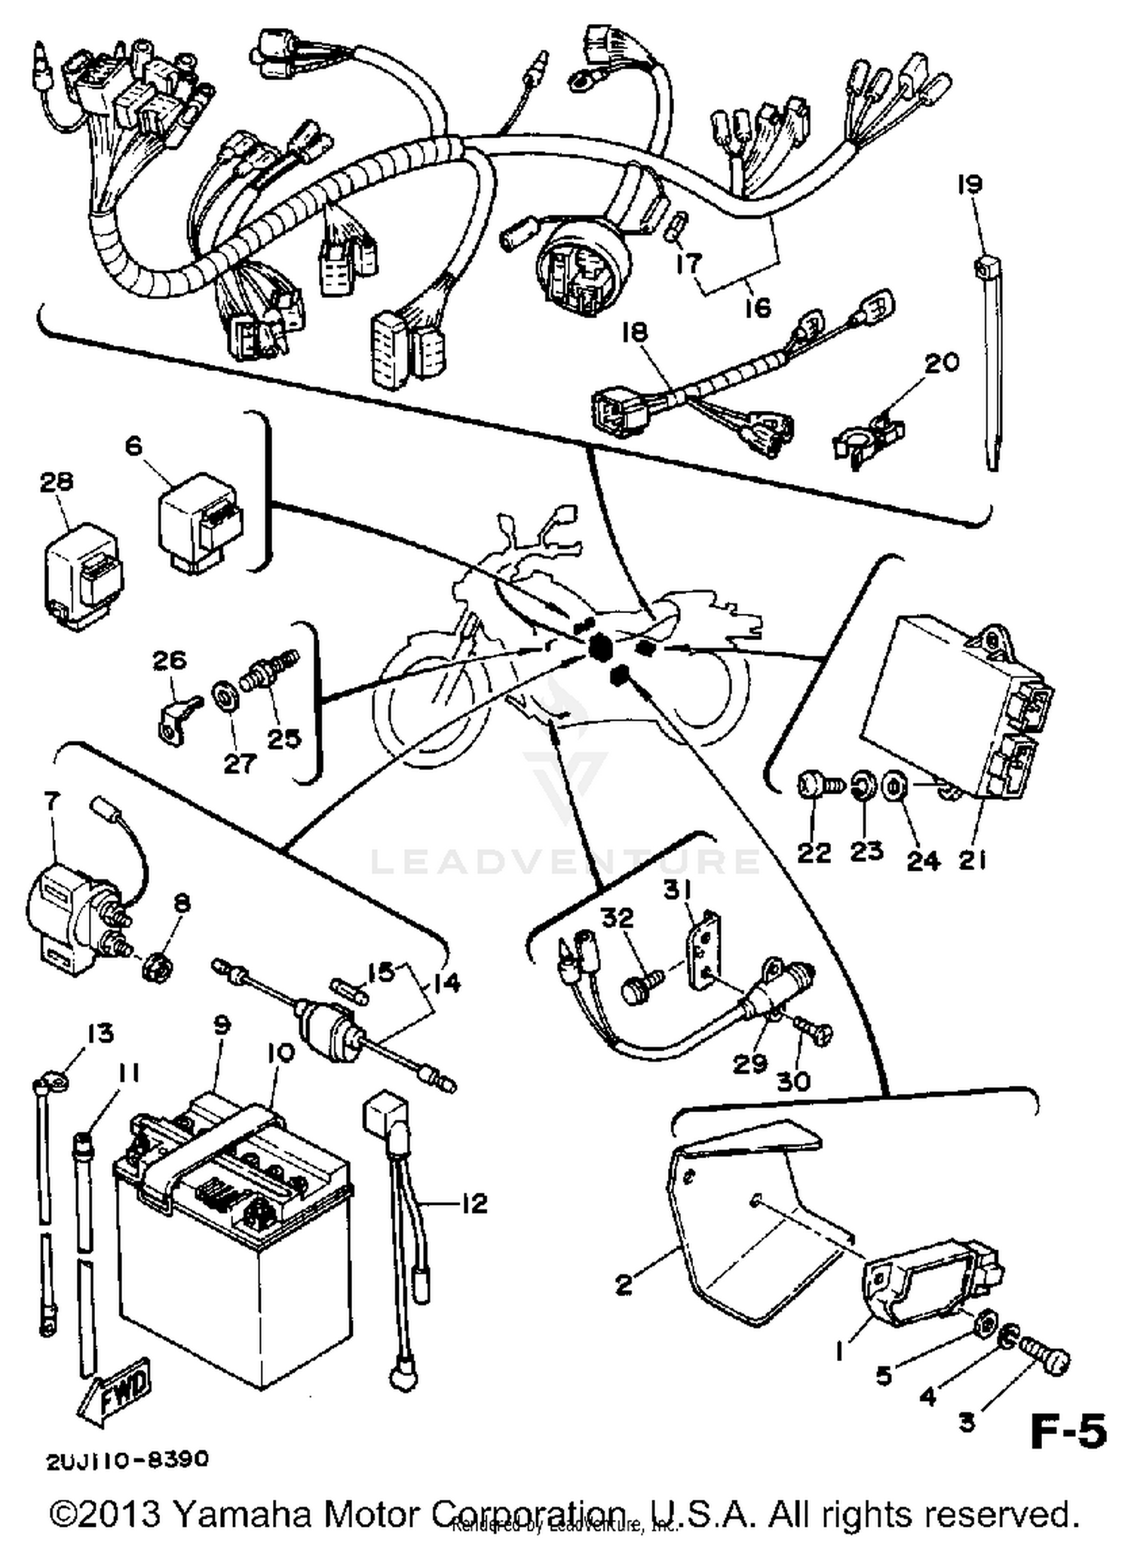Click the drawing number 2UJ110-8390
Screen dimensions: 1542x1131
tap(127, 1460)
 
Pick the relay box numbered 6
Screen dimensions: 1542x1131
tap(200, 520)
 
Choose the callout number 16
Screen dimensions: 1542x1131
tap(758, 307)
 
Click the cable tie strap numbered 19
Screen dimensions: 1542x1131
tap(992, 362)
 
